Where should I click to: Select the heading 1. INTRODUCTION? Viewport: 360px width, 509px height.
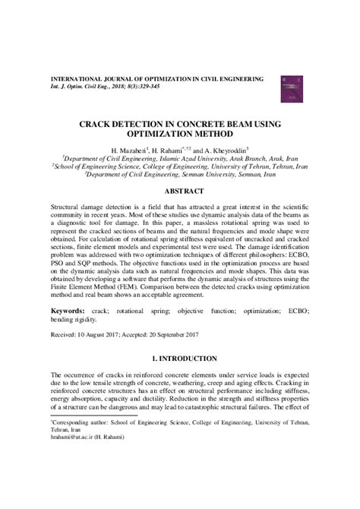point(179,357)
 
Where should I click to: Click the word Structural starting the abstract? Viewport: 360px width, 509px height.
point(68,205)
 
